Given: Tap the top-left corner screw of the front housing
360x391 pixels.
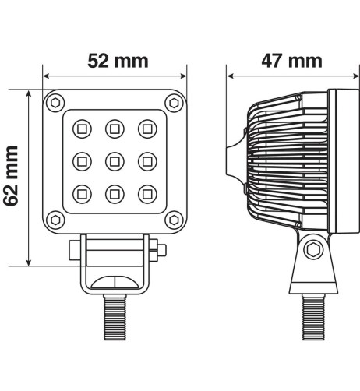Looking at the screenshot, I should [x=55, y=102].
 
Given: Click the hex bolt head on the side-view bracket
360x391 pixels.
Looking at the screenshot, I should [x=312, y=250].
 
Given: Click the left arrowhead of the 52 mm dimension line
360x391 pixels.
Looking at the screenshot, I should [x=45, y=76].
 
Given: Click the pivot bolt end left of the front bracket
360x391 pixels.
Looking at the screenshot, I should [x=75, y=250].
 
